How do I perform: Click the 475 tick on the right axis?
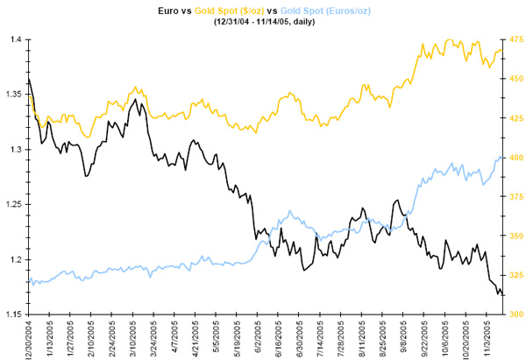point(515,40)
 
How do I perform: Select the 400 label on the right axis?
point(515,158)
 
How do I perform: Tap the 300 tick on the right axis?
point(515,314)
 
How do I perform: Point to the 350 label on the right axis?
point(515,236)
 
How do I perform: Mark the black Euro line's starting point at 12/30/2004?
point(29,80)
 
